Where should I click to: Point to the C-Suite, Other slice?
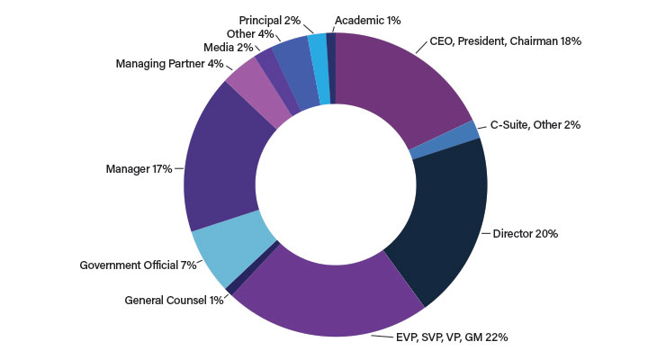coord(444,140)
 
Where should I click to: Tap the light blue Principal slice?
coord(319,67)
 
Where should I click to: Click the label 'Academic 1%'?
coord(368,21)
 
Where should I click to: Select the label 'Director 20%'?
coord(526,233)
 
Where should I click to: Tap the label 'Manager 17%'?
coord(139,169)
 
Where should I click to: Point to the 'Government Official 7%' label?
coord(138,265)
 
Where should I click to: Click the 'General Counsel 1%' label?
coord(174,300)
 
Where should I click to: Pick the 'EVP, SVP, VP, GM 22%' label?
coord(452,337)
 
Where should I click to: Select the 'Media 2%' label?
coord(229,47)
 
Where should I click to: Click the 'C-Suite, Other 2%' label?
coord(535,125)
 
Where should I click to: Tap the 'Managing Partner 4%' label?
coord(169,64)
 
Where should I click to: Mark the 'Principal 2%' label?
coord(270,21)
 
